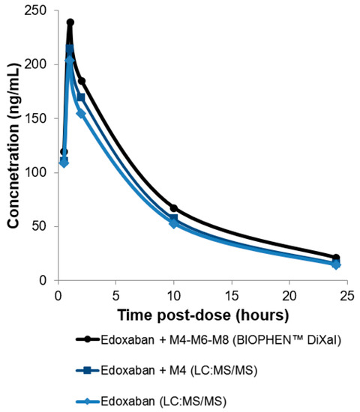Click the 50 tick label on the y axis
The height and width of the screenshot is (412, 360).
(x=43, y=226)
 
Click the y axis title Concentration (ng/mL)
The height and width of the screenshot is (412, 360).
(x=13, y=146)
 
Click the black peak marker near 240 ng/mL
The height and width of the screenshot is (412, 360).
(x=70, y=22)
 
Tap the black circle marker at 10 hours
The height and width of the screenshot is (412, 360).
(x=173, y=208)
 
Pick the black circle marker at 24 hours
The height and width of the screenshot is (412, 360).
(x=336, y=258)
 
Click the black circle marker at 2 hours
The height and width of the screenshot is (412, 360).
(x=81, y=81)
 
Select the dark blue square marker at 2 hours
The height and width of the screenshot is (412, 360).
(x=81, y=97)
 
